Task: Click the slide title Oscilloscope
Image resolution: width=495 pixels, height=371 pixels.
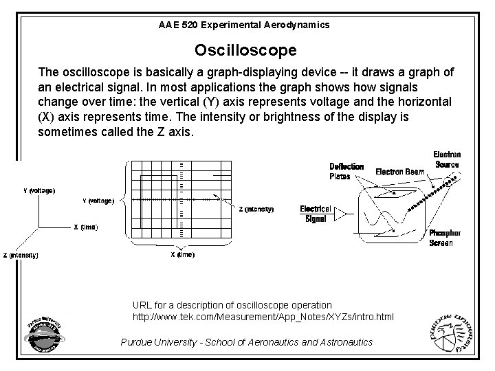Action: [x=245, y=50]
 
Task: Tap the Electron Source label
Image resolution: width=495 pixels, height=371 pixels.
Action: [x=447, y=159]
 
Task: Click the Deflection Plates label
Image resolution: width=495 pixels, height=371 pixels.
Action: [x=346, y=171]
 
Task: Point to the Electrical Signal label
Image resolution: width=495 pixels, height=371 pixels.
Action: [x=316, y=214]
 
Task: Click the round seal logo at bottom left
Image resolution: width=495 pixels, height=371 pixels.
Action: [x=43, y=337]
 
